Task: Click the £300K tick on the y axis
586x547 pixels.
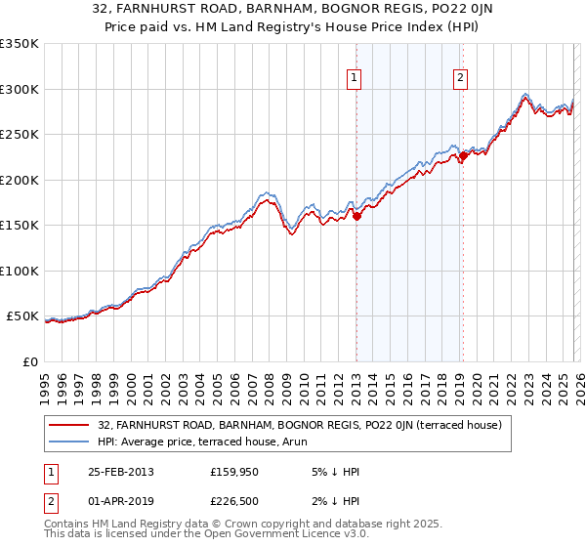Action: tap(20, 89)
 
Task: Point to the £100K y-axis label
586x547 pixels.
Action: tap(20, 271)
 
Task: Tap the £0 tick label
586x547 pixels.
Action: tap(29, 361)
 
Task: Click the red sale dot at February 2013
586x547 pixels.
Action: tap(356, 217)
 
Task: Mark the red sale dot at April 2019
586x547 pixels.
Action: tap(463, 156)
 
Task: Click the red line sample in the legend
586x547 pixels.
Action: tap(70, 425)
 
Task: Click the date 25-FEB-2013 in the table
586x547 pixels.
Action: tap(120, 471)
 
